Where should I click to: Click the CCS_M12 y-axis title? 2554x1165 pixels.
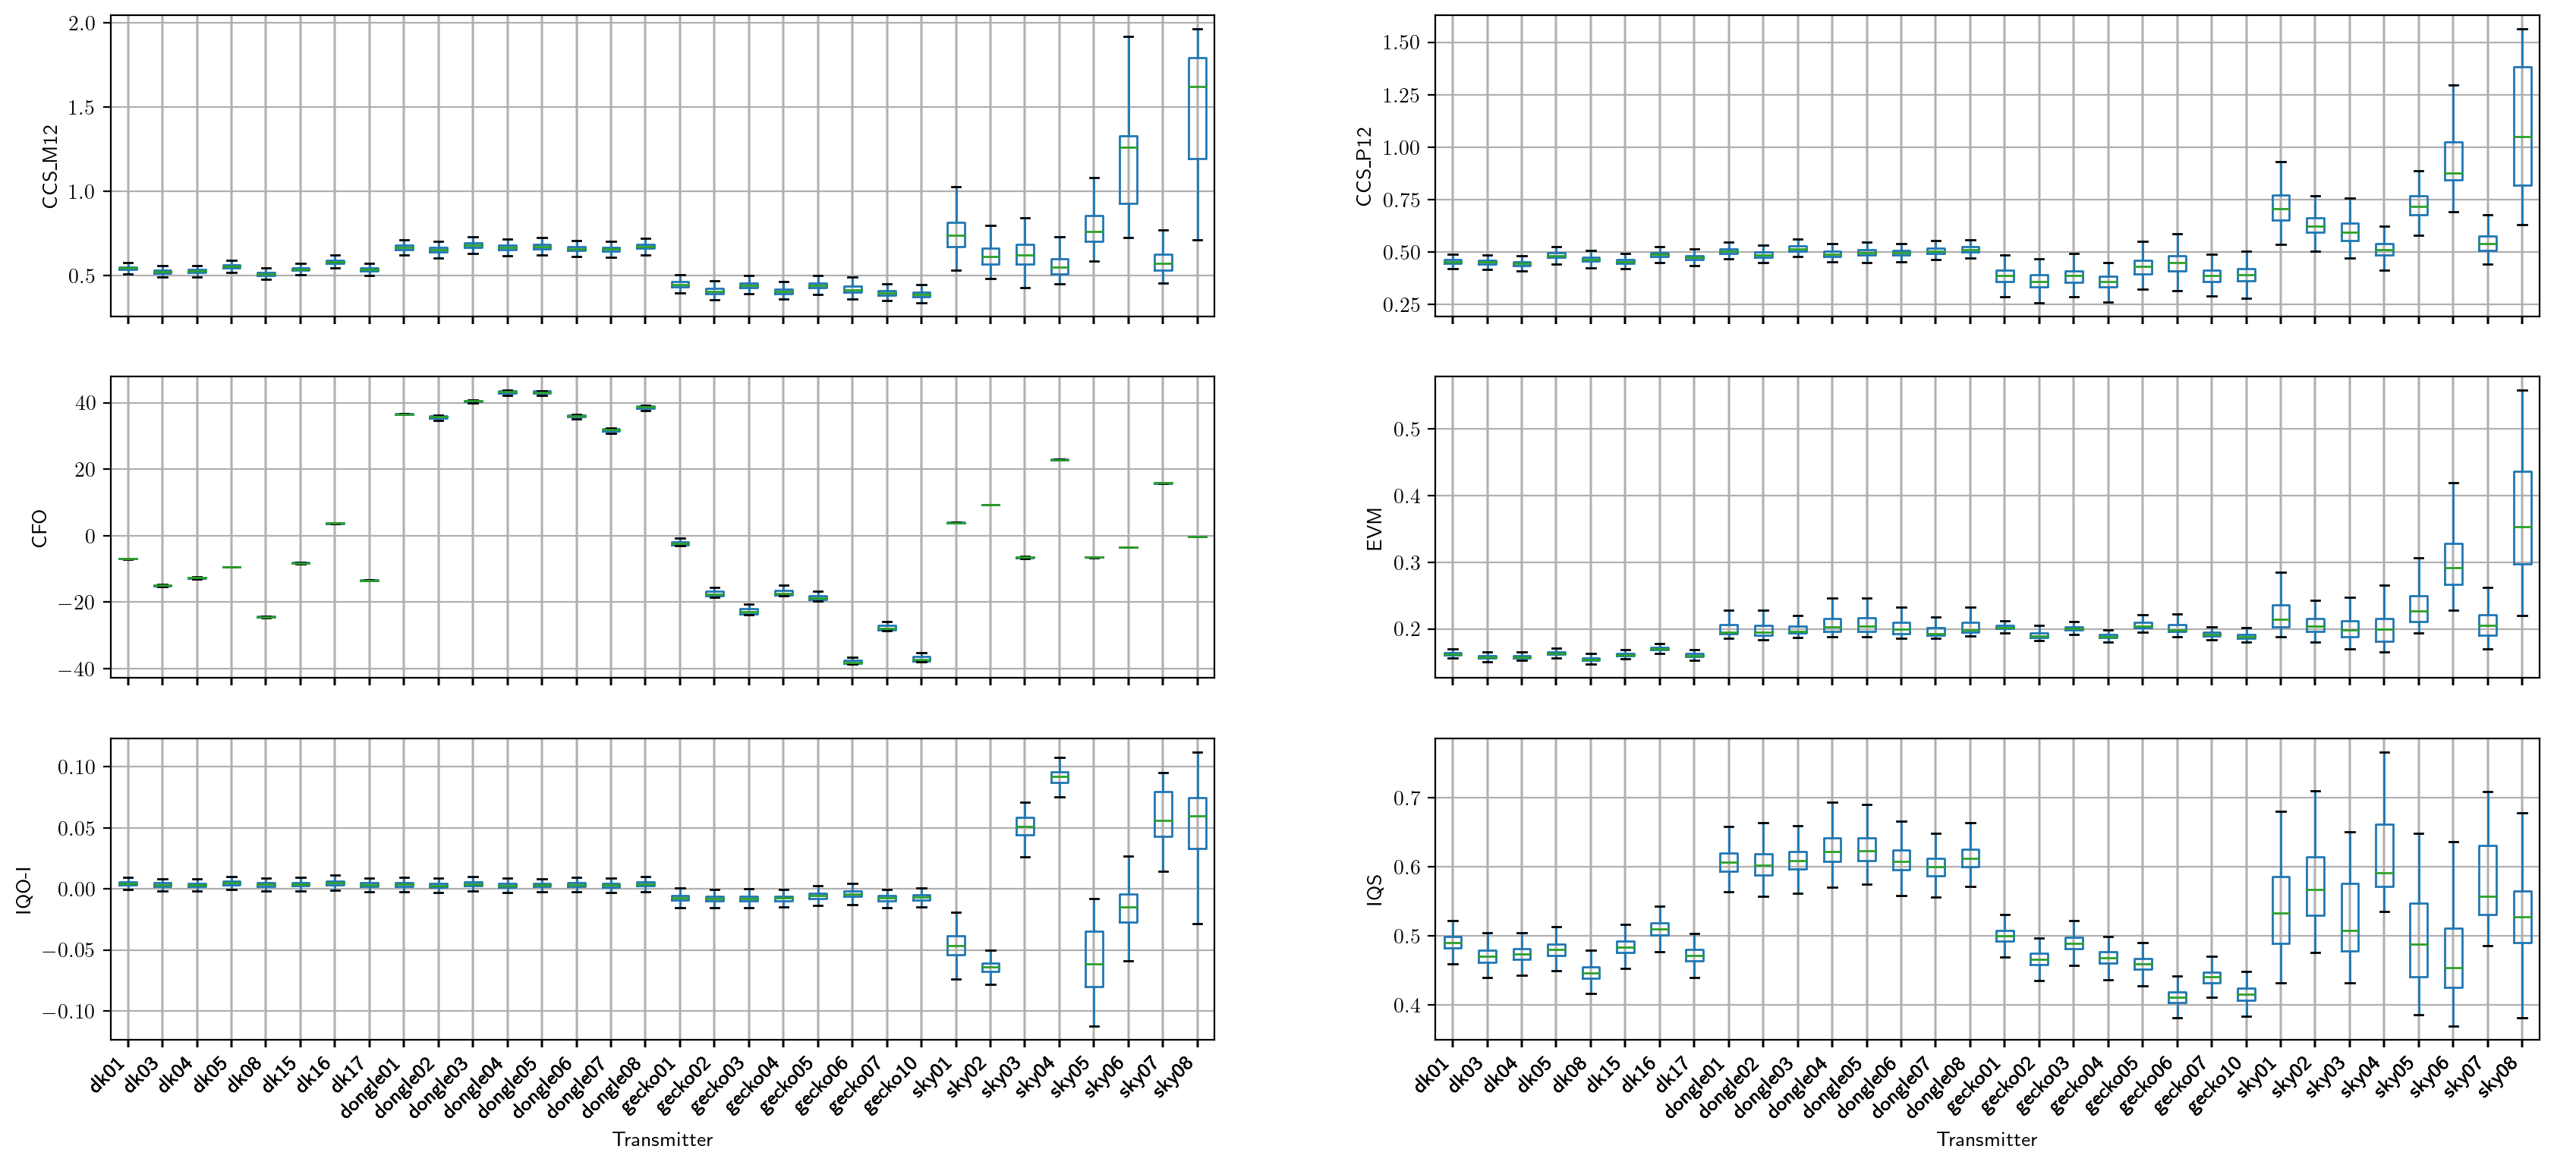[49, 165]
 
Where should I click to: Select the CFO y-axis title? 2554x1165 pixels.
[39, 527]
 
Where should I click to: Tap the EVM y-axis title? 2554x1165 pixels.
[1375, 528]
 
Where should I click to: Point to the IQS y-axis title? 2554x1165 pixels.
[1375, 889]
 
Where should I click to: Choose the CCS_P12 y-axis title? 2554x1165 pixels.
[1364, 165]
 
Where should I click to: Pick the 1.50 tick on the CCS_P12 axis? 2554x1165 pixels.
[1395, 43]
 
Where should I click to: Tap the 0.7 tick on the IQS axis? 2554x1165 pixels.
[1407, 798]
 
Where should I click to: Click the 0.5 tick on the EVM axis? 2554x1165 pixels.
[1407, 430]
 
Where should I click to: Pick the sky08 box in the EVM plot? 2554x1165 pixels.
[2522, 518]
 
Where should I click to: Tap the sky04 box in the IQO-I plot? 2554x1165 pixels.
[1060, 777]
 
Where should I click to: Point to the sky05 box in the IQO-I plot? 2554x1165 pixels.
[1094, 959]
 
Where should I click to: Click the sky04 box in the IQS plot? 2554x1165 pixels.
[2385, 855]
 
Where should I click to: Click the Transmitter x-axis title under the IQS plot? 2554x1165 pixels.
[1987, 1140]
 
